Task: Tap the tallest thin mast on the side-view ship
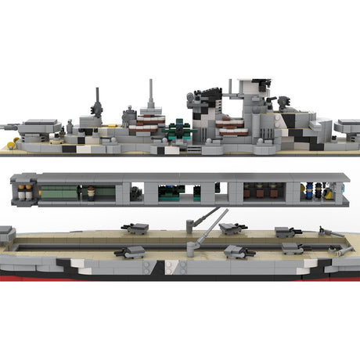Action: pos(149,95)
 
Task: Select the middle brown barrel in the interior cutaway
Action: pos(260,192)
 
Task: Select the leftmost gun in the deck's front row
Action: pos(129,252)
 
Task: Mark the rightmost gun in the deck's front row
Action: pos(293,249)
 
